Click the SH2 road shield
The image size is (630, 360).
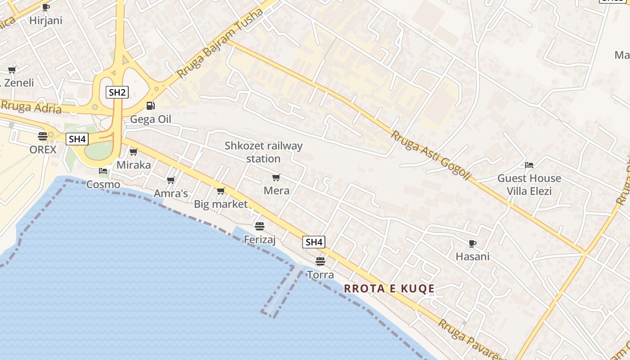(117, 93)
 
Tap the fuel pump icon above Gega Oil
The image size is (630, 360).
(150, 106)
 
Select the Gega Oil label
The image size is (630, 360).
(150, 119)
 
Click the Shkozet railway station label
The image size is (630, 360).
(264, 152)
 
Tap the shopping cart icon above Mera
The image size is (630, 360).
(276, 177)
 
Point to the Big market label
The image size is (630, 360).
(220, 204)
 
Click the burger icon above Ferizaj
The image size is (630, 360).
(259, 226)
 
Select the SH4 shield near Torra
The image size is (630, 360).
(314, 242)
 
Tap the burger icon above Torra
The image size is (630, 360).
(320, 261)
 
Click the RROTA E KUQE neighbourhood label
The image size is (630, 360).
(389, 288)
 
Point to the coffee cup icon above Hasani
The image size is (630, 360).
(472, 243)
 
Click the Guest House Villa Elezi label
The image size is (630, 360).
(529, 184)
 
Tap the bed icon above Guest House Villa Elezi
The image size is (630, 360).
(529, 165)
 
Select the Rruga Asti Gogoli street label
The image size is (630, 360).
(431, 156)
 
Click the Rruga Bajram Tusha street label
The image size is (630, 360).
(220, 43)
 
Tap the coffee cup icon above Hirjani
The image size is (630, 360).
(45, 7)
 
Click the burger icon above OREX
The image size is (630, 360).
(43, 136)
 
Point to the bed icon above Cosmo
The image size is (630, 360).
(103, 171)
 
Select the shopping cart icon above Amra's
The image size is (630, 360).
(171, 180)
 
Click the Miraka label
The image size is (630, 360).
(134, 165)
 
